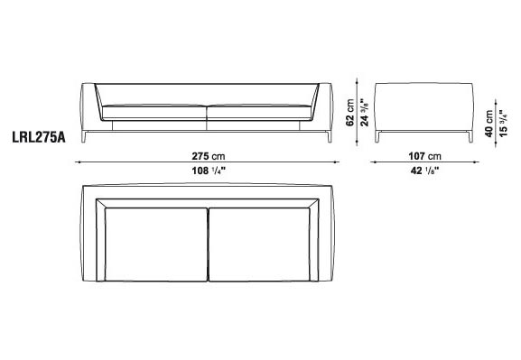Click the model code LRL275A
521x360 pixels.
39,137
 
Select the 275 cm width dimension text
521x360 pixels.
209,156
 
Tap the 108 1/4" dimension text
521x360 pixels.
209,171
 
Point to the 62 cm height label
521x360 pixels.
349,112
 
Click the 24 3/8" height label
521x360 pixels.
365,112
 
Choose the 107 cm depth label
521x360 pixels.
425,156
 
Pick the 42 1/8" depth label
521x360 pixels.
425,171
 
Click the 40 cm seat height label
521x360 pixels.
488,124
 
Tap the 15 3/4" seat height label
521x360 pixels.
503,124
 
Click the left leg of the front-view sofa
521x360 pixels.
84,137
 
